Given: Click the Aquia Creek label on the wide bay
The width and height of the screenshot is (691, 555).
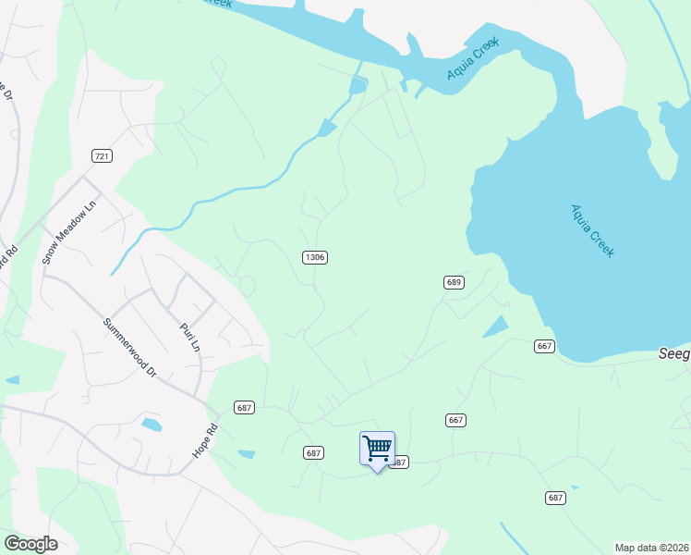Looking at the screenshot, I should pos(591,230).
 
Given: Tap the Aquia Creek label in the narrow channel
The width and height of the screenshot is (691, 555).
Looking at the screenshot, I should pos(473,58).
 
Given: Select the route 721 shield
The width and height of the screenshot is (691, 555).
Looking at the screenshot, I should pos(102,155).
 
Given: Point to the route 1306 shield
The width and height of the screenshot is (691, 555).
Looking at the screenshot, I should pos(314,256).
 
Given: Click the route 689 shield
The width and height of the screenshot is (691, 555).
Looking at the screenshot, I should pos(453,282).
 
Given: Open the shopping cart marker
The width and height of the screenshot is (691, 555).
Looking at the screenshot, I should pos(377,449).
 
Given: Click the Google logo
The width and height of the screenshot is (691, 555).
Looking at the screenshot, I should pos(30,544).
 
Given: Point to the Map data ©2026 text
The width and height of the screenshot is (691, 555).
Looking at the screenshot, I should pos(651,548).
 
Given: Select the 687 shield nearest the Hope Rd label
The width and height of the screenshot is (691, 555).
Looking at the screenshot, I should pos(244,407).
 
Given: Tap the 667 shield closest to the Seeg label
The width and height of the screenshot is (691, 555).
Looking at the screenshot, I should pos(544,346).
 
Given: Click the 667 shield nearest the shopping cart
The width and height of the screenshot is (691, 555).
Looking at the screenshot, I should pos(455,420).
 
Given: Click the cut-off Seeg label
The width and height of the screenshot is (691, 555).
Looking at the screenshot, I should pos(674,353).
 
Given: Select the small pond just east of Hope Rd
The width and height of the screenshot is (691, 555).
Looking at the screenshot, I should pos(246,454).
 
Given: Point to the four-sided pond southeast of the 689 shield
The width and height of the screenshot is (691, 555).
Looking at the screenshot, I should pos(495,327).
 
